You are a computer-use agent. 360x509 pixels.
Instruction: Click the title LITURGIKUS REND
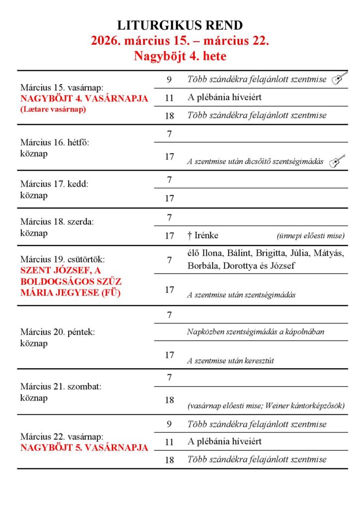point(180,25)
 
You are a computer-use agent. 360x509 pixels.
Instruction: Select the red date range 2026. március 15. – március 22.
point(180,41)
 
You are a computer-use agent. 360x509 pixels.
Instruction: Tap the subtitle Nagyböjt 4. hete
point(180,56)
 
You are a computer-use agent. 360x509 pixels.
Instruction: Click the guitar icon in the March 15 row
point(339,79)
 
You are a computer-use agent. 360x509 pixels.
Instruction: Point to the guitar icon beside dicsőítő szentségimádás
point(337,161)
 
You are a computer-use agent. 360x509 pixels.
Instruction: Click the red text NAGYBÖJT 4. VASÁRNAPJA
point(84,98)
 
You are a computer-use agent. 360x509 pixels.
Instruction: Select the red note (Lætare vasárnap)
point(53,109)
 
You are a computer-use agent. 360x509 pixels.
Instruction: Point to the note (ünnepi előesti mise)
point(310,236)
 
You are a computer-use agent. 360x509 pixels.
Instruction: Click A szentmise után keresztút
point(230,361)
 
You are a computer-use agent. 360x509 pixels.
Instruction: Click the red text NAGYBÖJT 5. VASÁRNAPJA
point(84,447)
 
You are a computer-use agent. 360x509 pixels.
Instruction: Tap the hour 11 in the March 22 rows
point(169,441)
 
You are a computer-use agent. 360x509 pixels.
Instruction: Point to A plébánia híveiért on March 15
point(224,97)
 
